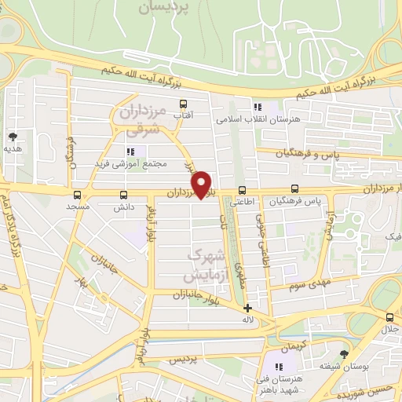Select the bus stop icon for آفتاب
click(x=184, y=104)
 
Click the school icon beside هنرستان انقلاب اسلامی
click(x=257, y=107)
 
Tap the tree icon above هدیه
click(x=12, y=136)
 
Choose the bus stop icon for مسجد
click(x=77, y=194)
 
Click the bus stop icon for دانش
click(x=123, y=194)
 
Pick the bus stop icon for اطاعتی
click(x=242, y=189)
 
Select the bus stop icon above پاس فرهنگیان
click(x=294, y=188)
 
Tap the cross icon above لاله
click(x=247, y=308)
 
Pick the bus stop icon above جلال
click(x=390, y=316)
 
